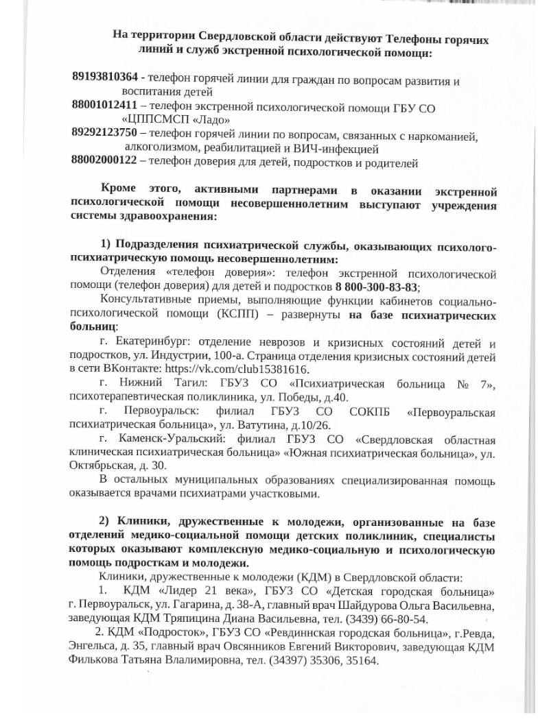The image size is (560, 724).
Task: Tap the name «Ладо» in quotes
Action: [209, 120]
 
